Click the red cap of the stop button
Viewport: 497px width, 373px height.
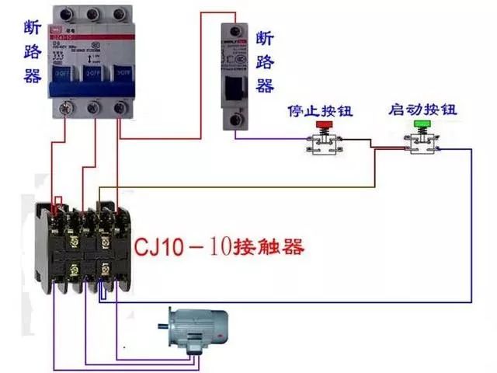(321, 123)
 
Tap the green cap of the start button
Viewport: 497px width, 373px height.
(422, 123)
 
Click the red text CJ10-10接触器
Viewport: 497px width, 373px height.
(219, 249)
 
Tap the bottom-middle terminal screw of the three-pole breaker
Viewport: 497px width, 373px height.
(94, 108)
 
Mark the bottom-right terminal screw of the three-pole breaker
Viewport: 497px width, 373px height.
(120, 108)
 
